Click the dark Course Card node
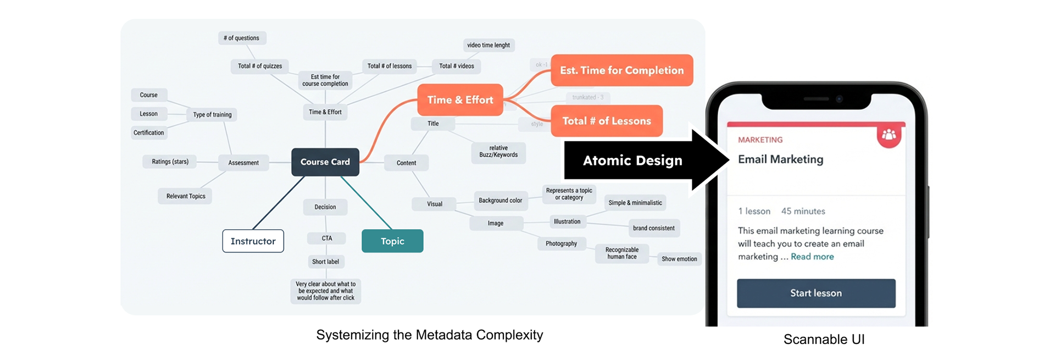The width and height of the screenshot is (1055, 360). (325, 162)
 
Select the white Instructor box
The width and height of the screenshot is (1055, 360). (253, 241)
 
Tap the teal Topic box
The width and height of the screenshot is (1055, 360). (392, 241)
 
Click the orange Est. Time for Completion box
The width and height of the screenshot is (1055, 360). (621, 70)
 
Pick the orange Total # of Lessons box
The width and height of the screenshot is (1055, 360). (607, 121)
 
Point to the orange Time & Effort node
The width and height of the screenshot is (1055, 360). (460, 100)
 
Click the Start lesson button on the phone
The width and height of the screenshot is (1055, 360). (816, 293)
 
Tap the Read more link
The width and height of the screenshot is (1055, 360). (812, 257)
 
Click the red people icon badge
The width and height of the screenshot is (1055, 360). (889, 135)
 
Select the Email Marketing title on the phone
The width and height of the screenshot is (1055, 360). (780, 159)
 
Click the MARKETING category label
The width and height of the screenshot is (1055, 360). (760, 140)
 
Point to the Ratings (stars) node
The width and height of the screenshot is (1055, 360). (170, 162)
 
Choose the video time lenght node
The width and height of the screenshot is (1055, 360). (488, 45)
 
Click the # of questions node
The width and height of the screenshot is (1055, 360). (241, 38)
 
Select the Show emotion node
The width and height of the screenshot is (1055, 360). (679, 259)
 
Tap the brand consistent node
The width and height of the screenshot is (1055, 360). (653, 228)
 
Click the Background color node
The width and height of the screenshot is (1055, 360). (500, 201)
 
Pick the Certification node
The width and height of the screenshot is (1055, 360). (148, 132)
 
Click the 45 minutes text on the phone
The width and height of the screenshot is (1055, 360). (803, 211)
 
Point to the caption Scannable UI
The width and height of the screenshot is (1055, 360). (824, 340)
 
